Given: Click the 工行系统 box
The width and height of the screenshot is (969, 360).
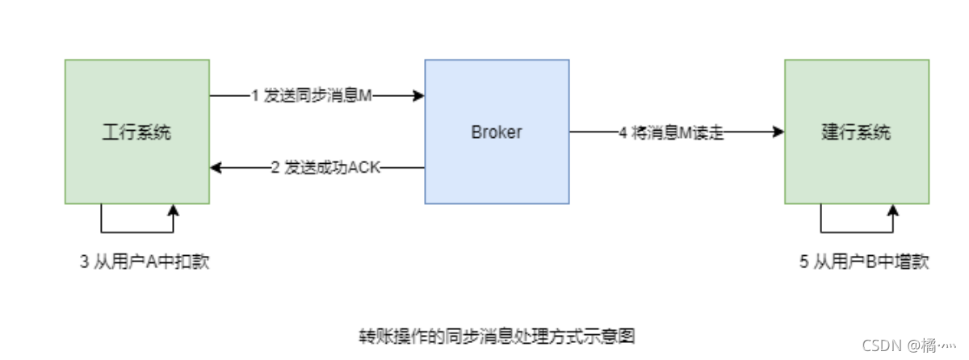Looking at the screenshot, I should pos(137,161).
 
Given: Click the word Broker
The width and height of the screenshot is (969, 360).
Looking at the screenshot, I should pos(497,132).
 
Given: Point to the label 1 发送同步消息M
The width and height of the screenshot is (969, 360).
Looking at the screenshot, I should pos(311,96).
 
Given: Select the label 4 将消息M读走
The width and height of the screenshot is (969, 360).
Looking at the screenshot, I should pos(671,132).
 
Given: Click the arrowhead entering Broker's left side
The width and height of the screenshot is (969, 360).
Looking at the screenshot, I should pos(419,96).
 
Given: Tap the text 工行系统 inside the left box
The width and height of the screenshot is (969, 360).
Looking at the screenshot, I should pos(137,132).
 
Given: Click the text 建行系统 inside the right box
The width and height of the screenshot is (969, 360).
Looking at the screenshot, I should pos(856,132).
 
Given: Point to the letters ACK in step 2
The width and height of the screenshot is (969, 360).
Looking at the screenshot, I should pos(363,168).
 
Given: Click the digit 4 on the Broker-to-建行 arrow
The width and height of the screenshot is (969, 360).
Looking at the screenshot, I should pos(623,132).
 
